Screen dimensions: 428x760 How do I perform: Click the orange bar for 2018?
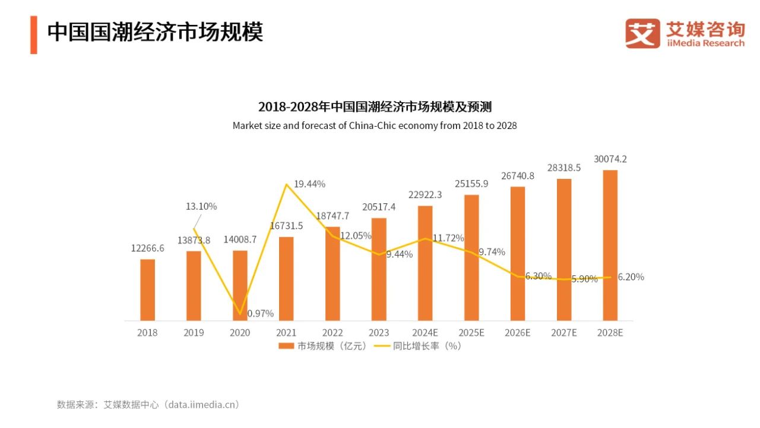click(x=148, y=290)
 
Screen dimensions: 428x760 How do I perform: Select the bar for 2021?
click(x=286, y=279)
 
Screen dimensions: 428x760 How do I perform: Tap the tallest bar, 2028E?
click(x=610, y=245)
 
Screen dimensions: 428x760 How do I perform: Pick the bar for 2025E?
click(x=471, y=258)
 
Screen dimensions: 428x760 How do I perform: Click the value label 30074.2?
click(x=610, y=159)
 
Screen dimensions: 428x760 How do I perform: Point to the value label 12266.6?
click(x=148, y=248)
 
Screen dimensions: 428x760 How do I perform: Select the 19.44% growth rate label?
click(x=309, y=184)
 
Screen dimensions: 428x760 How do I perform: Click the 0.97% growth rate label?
click(x=260, y=313)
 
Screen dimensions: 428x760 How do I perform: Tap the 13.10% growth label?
click(x=201, y=206)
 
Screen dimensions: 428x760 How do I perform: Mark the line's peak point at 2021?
click(x=287, y=184)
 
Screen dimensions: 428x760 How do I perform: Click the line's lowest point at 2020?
click(x=240, y=314)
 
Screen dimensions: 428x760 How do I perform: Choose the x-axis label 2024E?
click(x=425, y=333)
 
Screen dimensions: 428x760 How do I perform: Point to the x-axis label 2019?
click(x=194, y=333)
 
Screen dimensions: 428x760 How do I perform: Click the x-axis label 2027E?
click(x=563, y=333)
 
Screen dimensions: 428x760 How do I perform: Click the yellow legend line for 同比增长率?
click(x=382, y=345)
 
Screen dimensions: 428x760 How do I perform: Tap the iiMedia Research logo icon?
click(x=642, y=33)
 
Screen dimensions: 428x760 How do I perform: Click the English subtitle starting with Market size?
click(x=375, y=125)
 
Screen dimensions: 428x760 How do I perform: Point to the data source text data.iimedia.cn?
click(x=202, y=404)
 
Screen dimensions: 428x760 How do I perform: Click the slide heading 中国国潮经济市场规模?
click(x=155, y=32)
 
